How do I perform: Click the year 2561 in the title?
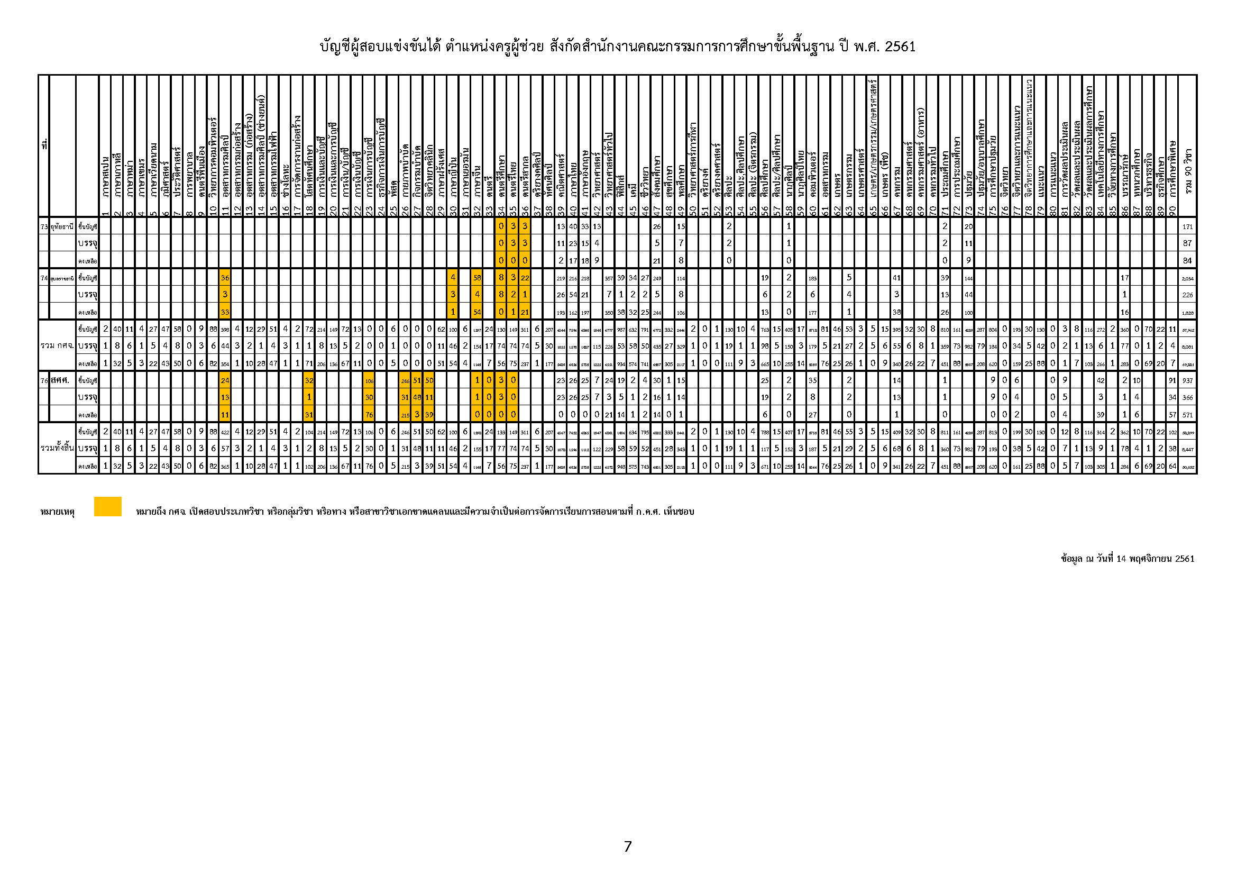pos(900,47)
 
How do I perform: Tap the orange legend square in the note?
pos(108,506)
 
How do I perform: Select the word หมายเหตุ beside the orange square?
pos(57,512)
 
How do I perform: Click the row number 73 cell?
pos(44,227)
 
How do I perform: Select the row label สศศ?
pos(60,380)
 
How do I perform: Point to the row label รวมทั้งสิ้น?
pos(57,448)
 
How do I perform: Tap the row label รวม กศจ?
pos(57,345)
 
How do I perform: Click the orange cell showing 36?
pos(225,278)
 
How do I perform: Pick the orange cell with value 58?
pos(477,278)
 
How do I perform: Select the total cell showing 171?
pos(1187,227)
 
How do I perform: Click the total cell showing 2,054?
pos(1187,278)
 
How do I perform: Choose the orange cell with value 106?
pos(369,380)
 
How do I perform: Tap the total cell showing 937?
pos(1187,380)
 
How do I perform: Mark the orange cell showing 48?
pos(417,398)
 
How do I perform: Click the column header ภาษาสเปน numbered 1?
pos(106,178)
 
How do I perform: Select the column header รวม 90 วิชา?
pos(1187,172)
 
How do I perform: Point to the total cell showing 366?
pos(1187,398)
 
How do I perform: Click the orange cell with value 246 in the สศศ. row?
pos(405,380)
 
